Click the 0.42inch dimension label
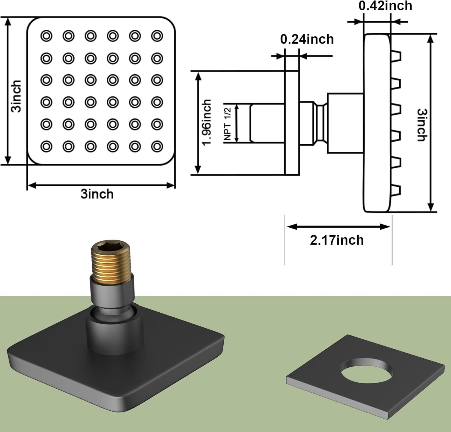385,6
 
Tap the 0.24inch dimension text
307,39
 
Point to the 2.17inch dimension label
337,240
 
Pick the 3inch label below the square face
97,194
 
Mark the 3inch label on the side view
422,125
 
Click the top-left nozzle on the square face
46,36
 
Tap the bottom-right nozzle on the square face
157,146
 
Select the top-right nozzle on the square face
157,36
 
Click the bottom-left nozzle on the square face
46,146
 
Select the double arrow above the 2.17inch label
338,226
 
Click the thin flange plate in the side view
292,123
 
